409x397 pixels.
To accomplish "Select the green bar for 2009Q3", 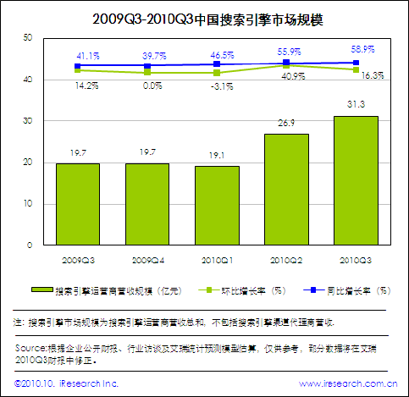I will click(78, 204).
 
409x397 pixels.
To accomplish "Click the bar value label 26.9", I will click(286, 123).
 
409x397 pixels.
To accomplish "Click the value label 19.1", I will click(217, 156).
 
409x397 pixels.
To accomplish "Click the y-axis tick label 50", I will click(27, 38).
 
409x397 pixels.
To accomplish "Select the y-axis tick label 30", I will click(27, 121).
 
